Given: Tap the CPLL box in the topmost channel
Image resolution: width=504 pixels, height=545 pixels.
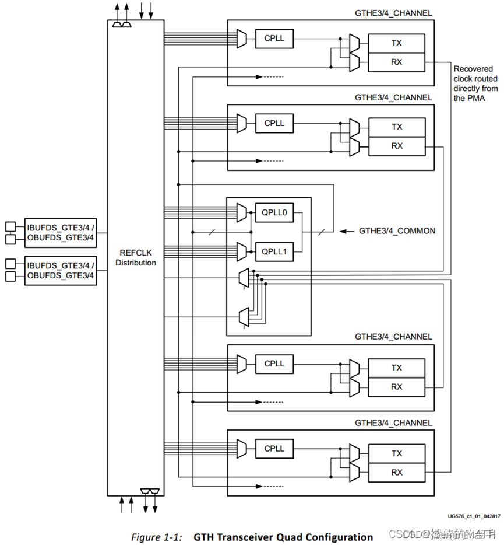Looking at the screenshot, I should pyautogui.click(x=274, y=39).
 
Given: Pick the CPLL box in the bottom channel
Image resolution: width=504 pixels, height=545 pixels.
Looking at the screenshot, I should pyautogui.click(x=274, y=449).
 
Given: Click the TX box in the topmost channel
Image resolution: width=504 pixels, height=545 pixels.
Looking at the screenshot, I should pyautogui.click(x=397, y=43).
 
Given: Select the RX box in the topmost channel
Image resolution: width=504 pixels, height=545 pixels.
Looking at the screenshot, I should pyautogui.click(x=397, y=62).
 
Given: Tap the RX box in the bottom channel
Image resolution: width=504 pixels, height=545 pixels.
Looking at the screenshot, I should pyautogui.click(x=397, y=472).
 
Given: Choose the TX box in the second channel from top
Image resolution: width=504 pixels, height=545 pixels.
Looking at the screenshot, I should pyautogui.click(x=397, y=127).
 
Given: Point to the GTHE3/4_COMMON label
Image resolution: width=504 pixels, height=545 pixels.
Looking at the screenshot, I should pyautogui.click(x=397, y=231).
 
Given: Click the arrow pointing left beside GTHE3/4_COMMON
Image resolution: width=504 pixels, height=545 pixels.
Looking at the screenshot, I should pyautogui.click(x=347, y=232).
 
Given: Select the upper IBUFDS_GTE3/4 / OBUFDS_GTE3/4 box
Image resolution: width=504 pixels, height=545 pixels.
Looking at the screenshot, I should pyautogui.click(x=60, y=232).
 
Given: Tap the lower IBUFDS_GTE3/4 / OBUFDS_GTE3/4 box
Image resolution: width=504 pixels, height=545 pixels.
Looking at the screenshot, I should pyautogui.click(x=60, y=270).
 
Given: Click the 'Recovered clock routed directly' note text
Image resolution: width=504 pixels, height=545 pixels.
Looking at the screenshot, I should pyautogui.click(x=476, y=83).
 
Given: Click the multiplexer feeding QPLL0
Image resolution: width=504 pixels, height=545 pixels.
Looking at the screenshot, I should pyautogui.click(x=242, y=213).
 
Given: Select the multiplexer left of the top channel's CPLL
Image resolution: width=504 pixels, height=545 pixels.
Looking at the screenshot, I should pyautogui.click(x=242, y=39).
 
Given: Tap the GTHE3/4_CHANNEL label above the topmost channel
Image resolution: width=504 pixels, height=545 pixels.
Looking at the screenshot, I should pyautogui.click(x=393, y=13).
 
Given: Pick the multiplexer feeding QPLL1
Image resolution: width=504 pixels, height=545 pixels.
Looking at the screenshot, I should pyautogui.click(x=242, y=252).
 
